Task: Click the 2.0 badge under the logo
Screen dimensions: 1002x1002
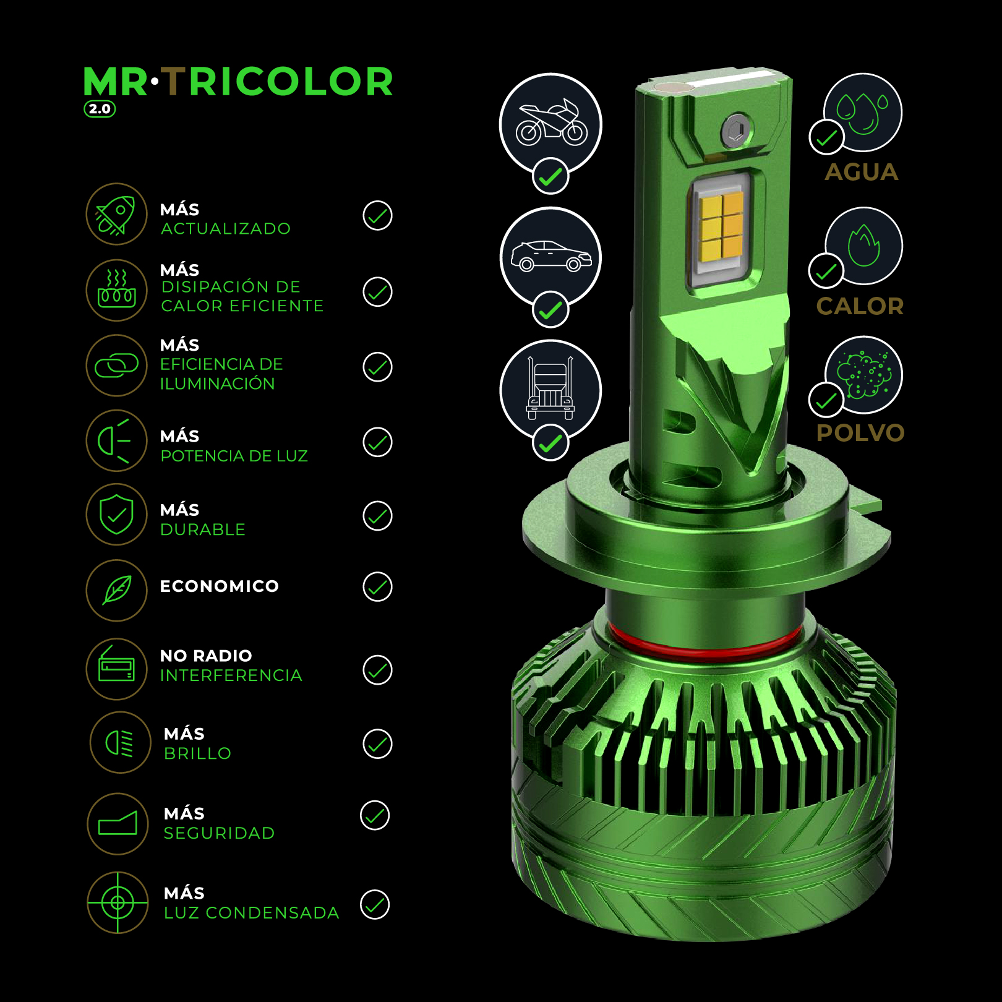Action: (100, 109)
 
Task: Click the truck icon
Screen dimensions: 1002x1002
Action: (550, 388)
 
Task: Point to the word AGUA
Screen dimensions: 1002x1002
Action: (861, 172)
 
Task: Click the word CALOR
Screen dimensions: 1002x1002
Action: (860, 306)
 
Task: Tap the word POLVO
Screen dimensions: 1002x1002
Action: (860, 433)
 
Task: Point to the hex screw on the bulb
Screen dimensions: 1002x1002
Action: (736, 131)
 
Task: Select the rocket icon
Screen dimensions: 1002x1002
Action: (116, 215)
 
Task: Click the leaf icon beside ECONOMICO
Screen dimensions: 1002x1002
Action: (117, 589)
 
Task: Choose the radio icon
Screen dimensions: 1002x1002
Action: (116, 664)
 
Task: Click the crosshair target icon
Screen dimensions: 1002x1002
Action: (118, 903)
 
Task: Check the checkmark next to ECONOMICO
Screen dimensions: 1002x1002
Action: (377, 587)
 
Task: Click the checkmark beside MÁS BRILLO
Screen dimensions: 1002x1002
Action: (377, 744)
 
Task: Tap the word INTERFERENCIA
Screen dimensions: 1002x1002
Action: (231, 675)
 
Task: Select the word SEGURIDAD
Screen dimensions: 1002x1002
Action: (219, 833)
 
